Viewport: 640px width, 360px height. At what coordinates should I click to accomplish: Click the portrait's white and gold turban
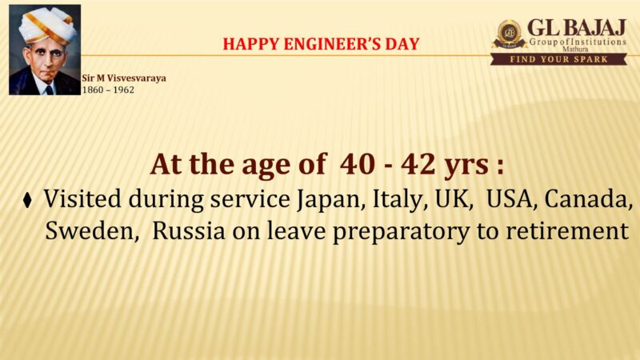pos(47,25)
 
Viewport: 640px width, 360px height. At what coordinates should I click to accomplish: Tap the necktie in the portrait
pos(50,90)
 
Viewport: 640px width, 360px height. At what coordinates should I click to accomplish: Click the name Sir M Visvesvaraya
pos(124,78)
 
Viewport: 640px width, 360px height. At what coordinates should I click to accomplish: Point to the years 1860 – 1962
pos(108,90)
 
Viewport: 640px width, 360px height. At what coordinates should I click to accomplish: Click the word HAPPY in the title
pos(251,44)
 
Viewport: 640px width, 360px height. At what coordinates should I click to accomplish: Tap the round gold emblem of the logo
pos(509,34)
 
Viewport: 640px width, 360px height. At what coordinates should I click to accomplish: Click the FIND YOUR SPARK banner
pos(558,59)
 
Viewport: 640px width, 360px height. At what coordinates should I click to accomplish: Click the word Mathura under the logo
pos(575,49)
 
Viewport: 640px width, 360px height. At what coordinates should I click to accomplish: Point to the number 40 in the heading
pos(358,165)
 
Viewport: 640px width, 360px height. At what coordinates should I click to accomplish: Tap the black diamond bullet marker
pos(27,200)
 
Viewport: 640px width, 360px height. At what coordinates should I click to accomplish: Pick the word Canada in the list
pos(588,198)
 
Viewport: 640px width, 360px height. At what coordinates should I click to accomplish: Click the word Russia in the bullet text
pos(189,231)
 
